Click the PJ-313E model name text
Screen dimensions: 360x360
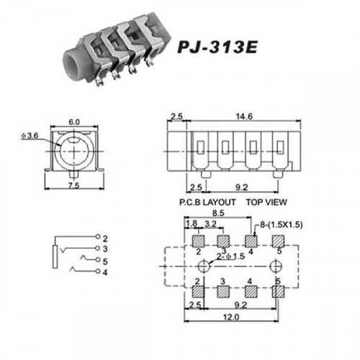click(217, 47)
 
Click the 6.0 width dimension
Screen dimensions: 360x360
click(74, 122)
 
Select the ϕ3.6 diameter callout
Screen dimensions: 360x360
click(30, 136)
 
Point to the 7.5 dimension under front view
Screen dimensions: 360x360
click(74, 186)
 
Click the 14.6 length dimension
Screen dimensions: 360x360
click(244, 117)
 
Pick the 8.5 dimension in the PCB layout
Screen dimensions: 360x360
click(218, 213)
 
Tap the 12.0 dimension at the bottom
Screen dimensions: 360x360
click(231, 318)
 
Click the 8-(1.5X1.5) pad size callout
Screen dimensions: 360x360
click(282, 225)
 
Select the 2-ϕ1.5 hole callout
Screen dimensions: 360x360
click(230, 256)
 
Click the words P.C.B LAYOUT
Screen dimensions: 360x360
click(207, 202)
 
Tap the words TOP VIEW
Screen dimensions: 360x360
click(266, 202)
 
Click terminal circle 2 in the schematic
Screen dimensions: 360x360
click(98, 236)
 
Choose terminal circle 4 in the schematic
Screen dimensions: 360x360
click(98, 271)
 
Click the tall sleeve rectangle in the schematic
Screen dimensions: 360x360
click(55, 256)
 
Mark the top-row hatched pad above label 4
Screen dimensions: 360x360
click(251, 241)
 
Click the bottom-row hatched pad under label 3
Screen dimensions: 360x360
click(223, 292)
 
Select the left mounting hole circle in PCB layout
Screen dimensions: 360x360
click(204, 266)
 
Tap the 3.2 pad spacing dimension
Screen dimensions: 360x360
click(210, 224)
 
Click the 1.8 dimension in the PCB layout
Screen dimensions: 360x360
click(192, 224)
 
